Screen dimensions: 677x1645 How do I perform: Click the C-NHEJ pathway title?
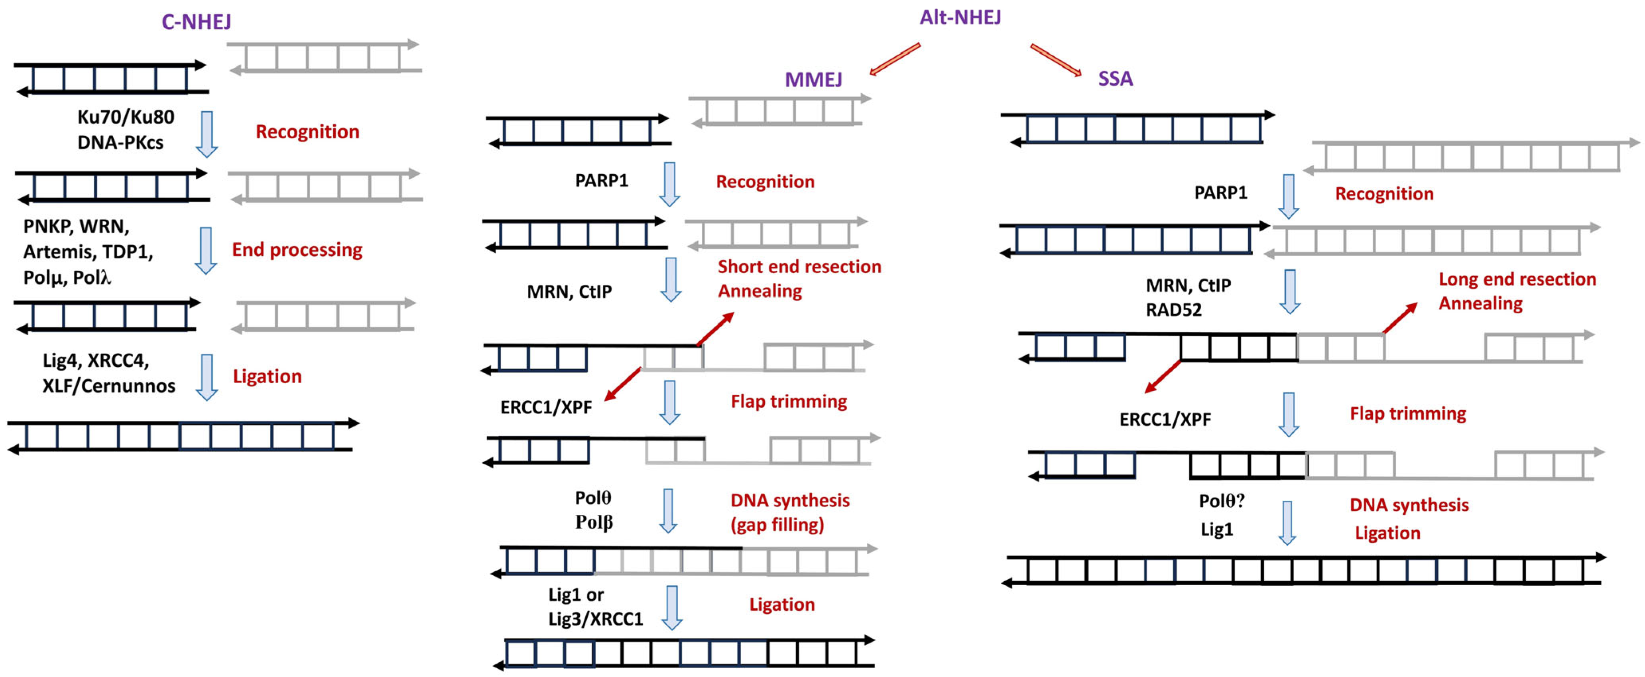tap(196, 22)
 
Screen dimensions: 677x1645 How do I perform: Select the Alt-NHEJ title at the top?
tap(960, 17)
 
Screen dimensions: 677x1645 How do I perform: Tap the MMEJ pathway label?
tap(813, 79)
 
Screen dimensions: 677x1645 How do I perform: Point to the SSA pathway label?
tap(1115, 79)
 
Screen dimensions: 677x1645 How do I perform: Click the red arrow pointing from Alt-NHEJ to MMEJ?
tap(895, 59)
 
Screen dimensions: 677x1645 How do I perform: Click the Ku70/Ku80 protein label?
tap(126, 117)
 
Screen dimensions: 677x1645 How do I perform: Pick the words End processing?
tap(297, 249)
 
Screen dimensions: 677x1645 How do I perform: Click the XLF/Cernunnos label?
tap(108, 386)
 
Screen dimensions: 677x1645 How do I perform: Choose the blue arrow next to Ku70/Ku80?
tap(206, 134)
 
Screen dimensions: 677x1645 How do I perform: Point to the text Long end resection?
tap(1517, 279)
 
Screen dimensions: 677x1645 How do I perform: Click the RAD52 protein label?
tap(1173, 310)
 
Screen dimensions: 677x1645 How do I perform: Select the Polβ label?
tap(594, 522)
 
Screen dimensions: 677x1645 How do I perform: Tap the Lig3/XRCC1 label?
tap(595, 619)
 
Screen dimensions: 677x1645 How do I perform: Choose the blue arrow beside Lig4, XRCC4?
tap(206, 377)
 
